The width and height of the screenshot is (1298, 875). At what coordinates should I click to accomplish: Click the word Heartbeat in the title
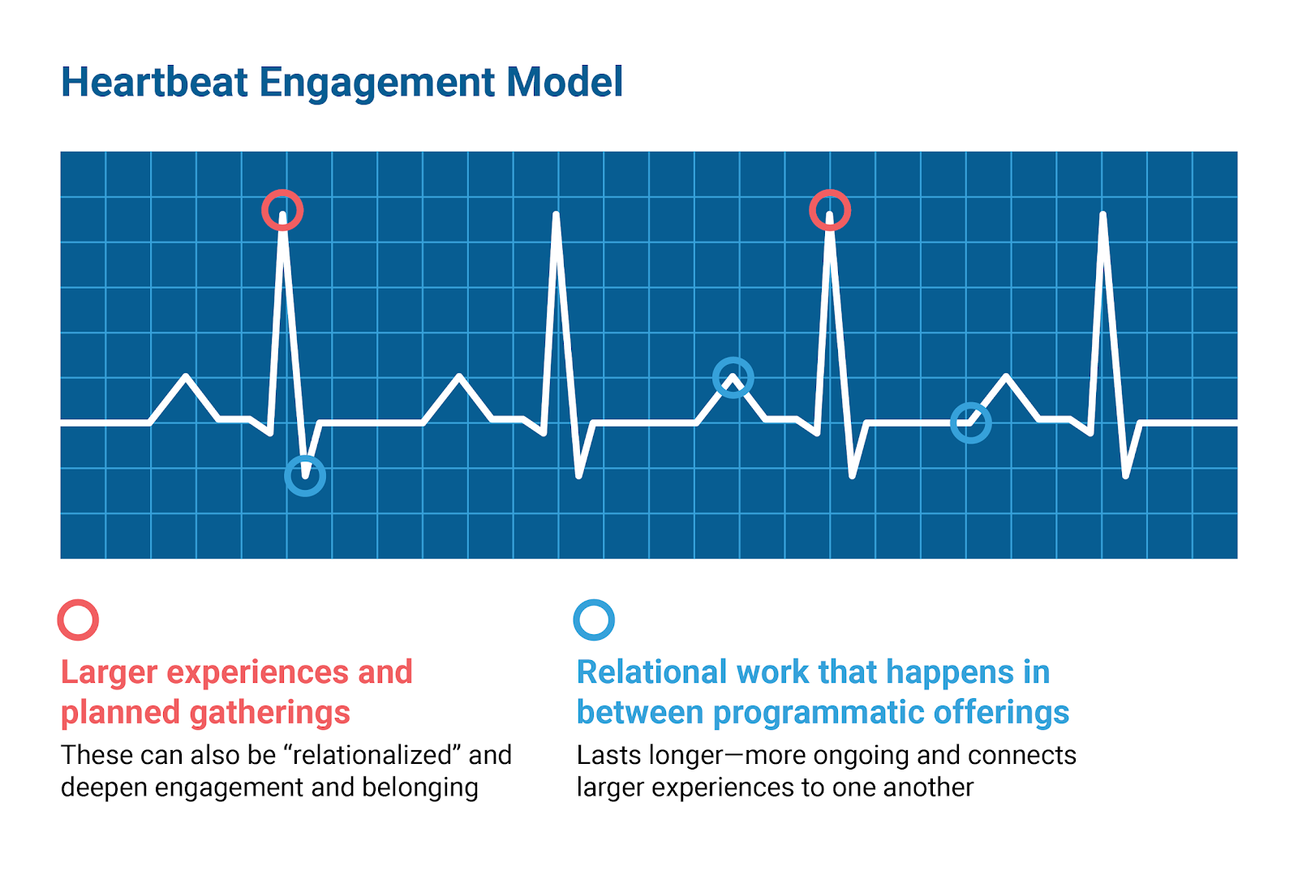click(x=154, y=83)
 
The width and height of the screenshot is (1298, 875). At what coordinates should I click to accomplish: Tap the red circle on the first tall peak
click(x=282, y=211)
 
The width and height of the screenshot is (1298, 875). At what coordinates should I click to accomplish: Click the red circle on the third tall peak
click(x=830, y=211)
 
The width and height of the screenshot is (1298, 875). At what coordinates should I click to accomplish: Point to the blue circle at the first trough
click(x=305, y=476)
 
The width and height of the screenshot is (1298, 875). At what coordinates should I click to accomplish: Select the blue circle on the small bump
click(x=733, y=378)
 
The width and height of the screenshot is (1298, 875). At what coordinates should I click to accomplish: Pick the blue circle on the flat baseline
click(x=970, y=422)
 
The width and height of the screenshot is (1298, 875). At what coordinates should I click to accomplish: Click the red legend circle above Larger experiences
click(x=78, y=620)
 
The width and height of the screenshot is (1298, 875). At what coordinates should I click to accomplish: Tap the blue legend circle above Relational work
click(x=594, y=620)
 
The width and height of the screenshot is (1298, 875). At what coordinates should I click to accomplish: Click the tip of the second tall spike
click(x=556, y=215)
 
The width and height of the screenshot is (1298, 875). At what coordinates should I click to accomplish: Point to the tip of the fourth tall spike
click(x=1102, y=215)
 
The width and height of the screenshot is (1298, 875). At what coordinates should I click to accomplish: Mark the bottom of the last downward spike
click(x=1125, y=476)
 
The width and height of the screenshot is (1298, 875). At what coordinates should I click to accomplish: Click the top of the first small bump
click(x=187, y=376)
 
